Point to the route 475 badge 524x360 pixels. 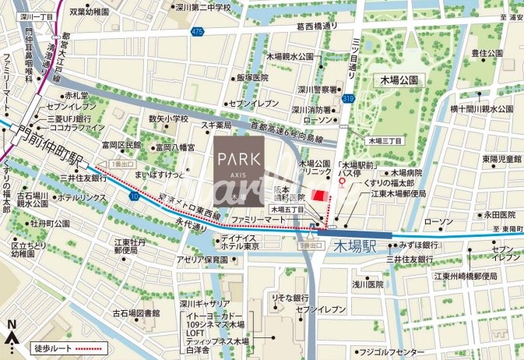[x=198, y=31]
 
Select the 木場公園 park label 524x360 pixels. [x=399, y=80]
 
